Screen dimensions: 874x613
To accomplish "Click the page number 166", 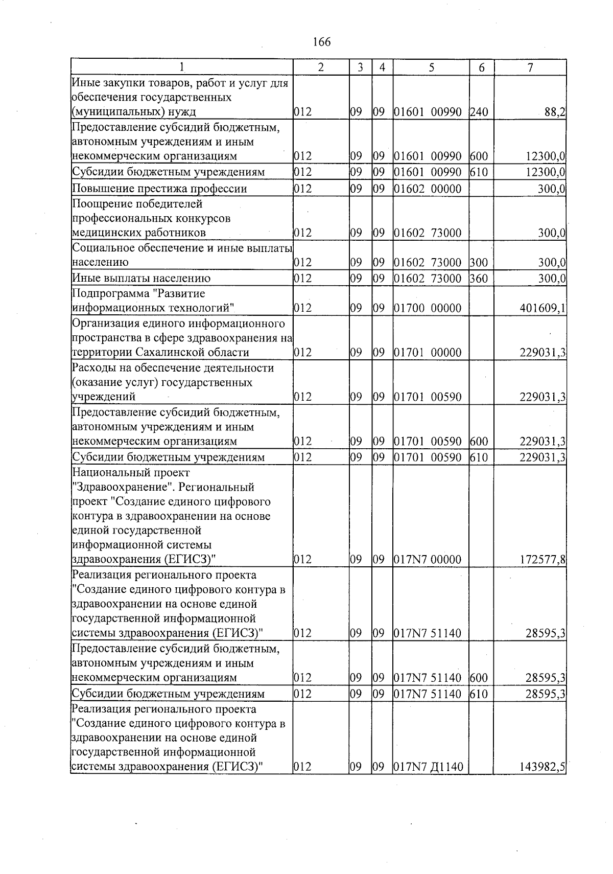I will pyautogui.click(x=321, y=42).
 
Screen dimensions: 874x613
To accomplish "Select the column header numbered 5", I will pyautogui.click(x=431, y=67).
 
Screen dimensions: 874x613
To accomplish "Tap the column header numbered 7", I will pyautogui.click(x=530, y=67).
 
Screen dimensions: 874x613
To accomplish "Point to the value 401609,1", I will pyautogui.click(x=542, y=308).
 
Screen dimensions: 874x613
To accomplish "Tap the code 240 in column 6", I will pyautogui.click(x=479, y=112).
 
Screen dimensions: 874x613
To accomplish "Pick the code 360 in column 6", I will pyautogui.click(x=479, y=279).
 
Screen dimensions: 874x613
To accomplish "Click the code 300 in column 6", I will pyautogui.click(x=479, y=263).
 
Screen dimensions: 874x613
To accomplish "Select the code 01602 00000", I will pyautogui.click(x=428, y=189).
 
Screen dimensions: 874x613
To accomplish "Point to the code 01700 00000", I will pyautogui.click(x=428, y=308).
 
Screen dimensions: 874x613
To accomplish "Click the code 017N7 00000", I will pyautogui.click(x=428, y=559).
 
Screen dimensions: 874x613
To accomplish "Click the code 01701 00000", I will pyautogui.click(x=428, y=352).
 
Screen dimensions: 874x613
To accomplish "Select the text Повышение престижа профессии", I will pyautogui.click(x=159, y=189).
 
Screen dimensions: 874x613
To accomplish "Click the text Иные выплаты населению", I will pyautogui.click(x=142, y=279).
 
